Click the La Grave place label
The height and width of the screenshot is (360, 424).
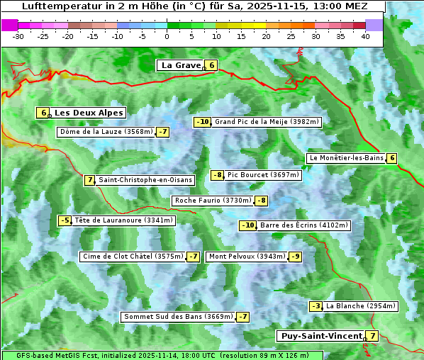tap(181, 65)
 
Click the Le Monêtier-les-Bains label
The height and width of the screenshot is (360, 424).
tap(346, 158)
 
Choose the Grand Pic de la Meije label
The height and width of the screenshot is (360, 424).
tap(267, 122)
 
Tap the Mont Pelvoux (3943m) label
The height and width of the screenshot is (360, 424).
tap(247, 257)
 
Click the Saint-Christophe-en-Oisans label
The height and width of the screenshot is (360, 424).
tap(145, 180)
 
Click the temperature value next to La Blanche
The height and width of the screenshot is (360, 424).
tap(316, 306)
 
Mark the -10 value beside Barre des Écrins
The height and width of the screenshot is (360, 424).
tap(247, 225)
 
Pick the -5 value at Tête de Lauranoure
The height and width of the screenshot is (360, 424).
tap(65, 220)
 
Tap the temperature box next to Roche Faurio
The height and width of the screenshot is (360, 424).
tap(262, 201)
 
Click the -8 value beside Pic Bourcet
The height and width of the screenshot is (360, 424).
tap(218, 175)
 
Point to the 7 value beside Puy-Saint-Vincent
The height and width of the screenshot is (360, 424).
tap(372, 336)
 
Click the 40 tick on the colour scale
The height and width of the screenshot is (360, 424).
tap(365, 35)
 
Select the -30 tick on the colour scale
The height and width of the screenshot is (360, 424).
tap(18, 35)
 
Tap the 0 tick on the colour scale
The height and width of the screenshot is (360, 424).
tap(167, 35)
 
